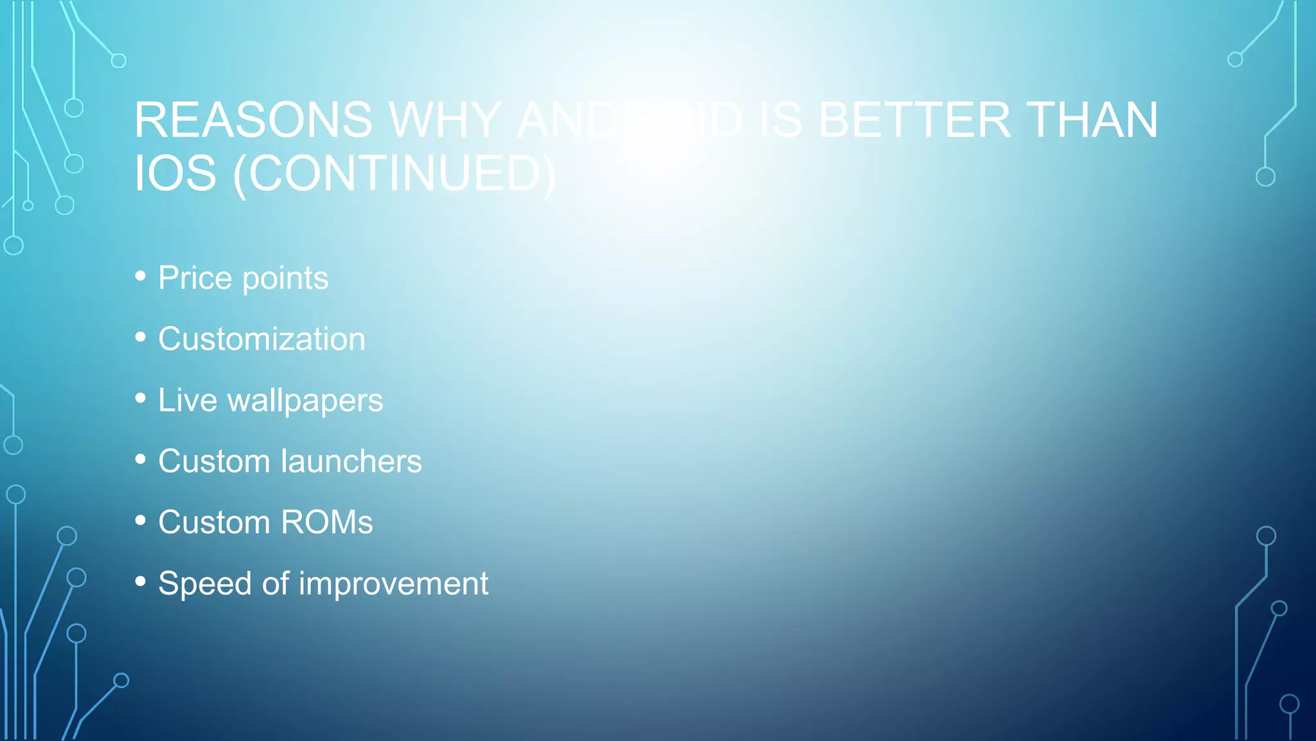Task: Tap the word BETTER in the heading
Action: [914, 120]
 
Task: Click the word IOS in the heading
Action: [175, 174]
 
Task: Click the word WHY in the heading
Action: [445, 120]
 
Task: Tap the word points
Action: [285, 279]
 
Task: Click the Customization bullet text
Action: [262, 339]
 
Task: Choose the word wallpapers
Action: [305, 401]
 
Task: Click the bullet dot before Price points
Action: [141, 277]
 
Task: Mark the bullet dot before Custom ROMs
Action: [141, 520]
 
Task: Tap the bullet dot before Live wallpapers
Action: [141, 398]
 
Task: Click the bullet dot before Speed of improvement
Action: [141, 581]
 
